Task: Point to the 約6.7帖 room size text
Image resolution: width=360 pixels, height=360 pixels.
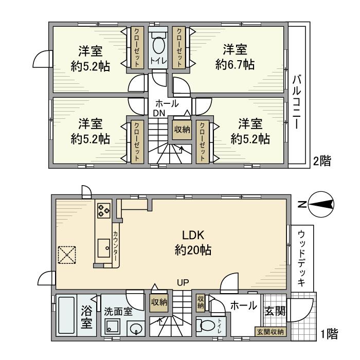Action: pyautogui.click(x=235, y=65)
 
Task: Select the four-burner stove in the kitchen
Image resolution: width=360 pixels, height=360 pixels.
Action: pyautogui.click(x=103, y=209)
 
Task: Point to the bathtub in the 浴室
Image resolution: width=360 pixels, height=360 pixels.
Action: pyautogui.click(x=66, y=316)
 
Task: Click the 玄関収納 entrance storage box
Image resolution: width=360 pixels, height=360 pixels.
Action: pyautogui.click(x=271, y=332)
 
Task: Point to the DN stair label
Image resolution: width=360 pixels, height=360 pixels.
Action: pyautogui.click(x=158, y=113)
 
